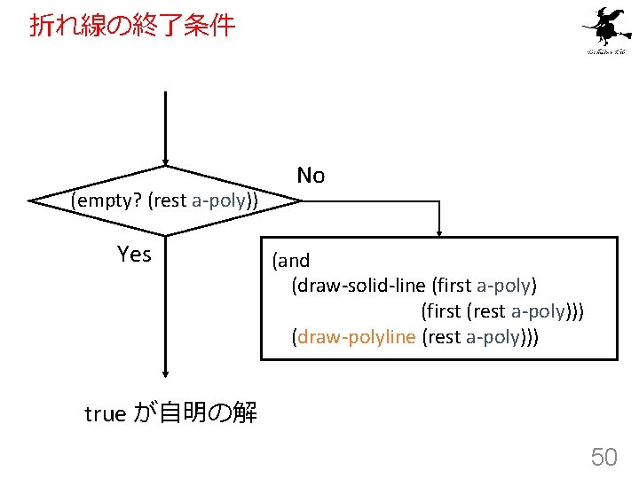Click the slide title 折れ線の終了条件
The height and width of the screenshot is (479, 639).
point(133,26)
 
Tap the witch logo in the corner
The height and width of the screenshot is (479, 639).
point(606,31)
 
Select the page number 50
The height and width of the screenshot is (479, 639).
point(603,457)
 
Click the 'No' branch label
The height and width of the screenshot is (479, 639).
point(311,175)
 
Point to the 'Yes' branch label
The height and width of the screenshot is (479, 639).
point(134,255)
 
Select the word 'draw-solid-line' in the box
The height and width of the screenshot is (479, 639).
point(359,286)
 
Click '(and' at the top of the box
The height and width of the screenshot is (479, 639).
point(291,261)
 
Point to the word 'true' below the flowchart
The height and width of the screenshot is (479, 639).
point(105,413)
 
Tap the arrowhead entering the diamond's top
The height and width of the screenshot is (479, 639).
point(165,161)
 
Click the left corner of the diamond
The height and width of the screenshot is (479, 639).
point(32,201)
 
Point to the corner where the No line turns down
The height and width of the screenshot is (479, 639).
point(438,201)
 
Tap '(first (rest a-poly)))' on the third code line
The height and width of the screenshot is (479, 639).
point(502,311)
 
